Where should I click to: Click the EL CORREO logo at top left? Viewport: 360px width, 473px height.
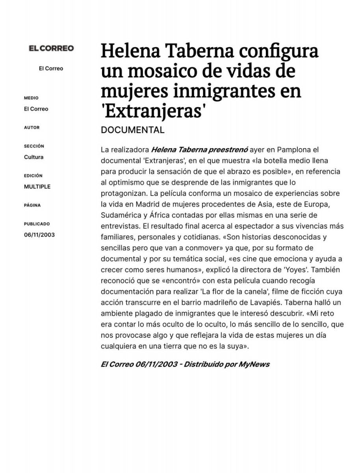tap(51, 48)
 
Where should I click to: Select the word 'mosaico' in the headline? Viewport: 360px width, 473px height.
tap(166, 71)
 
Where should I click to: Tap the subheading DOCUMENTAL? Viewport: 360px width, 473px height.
tap(132, 130)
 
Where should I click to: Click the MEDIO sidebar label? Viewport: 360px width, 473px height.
tap(31, 98)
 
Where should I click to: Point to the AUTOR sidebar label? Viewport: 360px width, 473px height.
tap(32, 128)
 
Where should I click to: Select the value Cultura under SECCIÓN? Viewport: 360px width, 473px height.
tap(33, 157)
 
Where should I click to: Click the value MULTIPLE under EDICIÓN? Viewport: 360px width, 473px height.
tap(37, 187)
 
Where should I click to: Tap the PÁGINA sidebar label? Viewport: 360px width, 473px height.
tap(32, 205)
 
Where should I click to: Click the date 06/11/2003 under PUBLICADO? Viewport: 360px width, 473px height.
tap(39, 235)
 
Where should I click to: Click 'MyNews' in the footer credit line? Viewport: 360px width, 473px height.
tap(254, 364)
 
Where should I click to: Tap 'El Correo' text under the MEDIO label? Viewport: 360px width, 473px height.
tap(36, 109)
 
